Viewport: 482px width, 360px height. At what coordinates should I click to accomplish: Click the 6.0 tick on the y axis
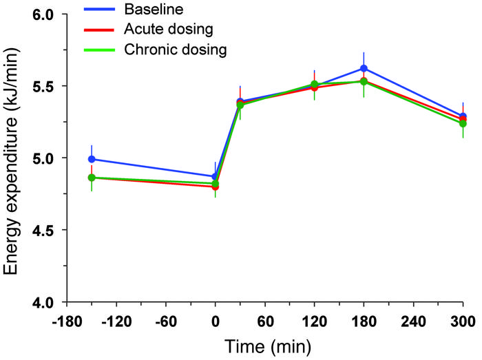coord(43,14)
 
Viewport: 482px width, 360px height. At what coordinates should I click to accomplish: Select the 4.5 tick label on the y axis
coord(43,230)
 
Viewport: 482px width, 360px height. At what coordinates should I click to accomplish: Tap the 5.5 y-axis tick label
coord(43,86)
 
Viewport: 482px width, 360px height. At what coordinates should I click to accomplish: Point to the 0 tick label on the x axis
coord(215,321)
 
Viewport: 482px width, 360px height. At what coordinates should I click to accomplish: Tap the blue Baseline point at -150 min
coord(92,159)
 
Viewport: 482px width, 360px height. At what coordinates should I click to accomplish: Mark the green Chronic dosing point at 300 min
coord(463,123)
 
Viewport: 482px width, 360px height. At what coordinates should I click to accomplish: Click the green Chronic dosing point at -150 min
coord(92,178)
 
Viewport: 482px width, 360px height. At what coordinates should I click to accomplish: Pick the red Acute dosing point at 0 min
coord(215,187)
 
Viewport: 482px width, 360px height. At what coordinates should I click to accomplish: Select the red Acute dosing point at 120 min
coord(314,87)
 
